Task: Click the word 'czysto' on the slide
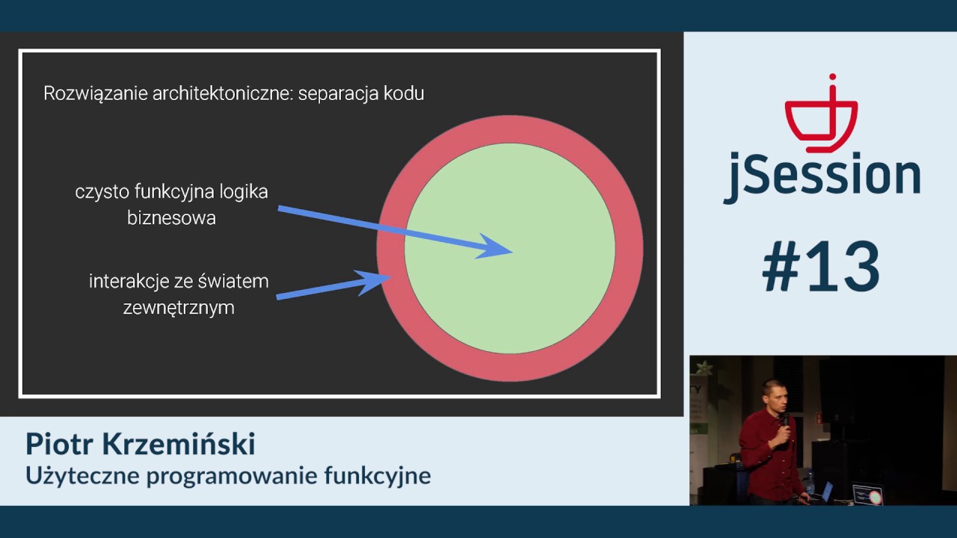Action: [102, 191]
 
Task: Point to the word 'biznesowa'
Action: [171, 218]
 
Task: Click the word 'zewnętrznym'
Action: [179, 307]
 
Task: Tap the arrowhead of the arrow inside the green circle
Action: [493, 248]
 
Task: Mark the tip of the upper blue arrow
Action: [512, 252]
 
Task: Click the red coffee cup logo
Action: [820, 116]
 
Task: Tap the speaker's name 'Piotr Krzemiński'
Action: [141, 444]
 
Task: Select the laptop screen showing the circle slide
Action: [868, 495]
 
